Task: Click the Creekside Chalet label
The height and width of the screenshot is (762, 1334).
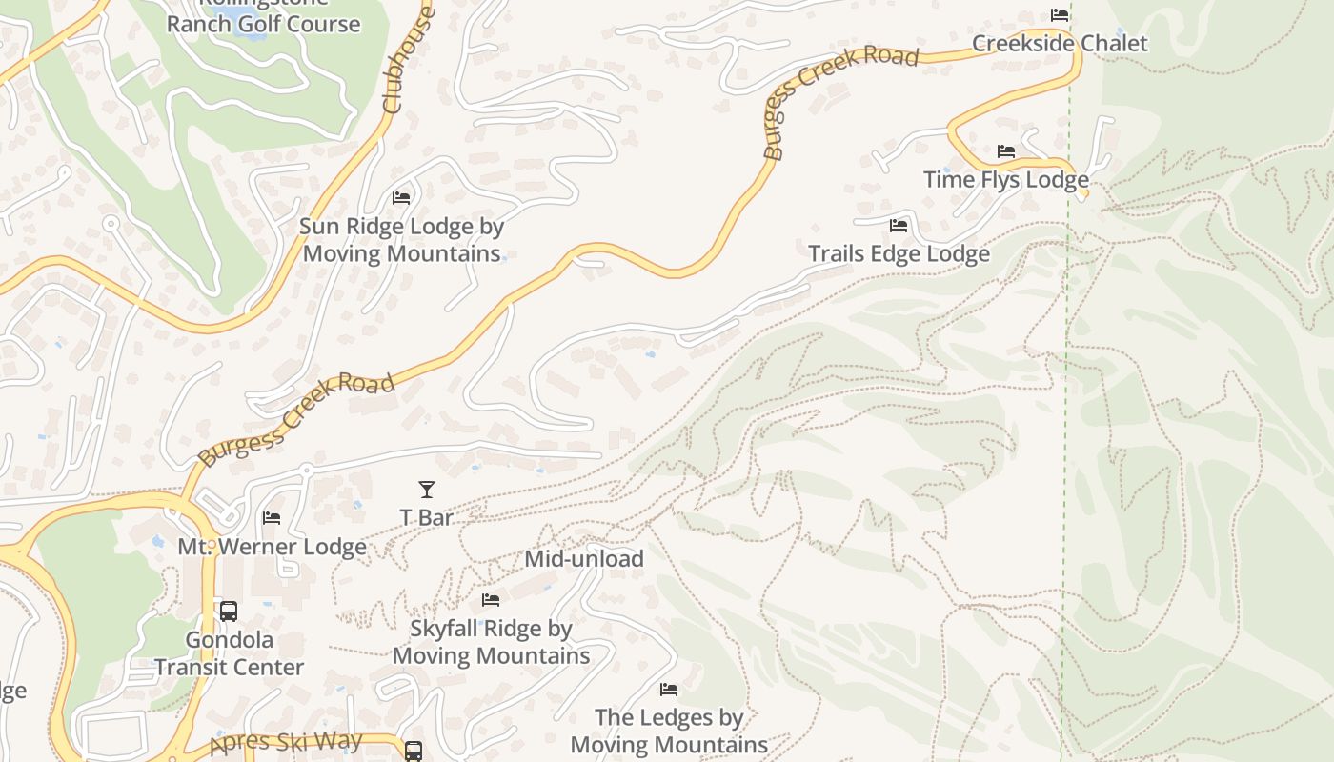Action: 1060,44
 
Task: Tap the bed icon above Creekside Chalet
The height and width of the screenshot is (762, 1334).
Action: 1060,15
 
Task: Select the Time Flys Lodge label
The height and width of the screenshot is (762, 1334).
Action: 1005,180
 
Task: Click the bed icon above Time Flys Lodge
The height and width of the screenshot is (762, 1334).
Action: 1005,151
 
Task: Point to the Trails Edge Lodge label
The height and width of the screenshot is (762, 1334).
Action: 899,254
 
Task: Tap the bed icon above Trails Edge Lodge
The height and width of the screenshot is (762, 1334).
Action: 898,226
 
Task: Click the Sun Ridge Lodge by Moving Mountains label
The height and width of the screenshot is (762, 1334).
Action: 401,240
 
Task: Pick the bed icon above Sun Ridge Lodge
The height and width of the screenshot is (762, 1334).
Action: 401,198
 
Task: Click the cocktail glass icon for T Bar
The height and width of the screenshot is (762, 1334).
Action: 426,490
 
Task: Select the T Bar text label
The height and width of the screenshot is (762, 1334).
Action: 426,517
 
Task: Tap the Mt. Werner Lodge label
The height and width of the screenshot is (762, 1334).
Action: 272,547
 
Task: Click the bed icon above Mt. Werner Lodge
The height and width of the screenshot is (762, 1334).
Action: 272,518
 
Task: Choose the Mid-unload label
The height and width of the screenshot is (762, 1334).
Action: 584,559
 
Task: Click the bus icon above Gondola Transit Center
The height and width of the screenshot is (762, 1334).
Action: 229,612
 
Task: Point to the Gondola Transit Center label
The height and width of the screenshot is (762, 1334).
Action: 230,653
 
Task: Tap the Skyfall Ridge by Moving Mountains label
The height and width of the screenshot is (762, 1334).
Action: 491,642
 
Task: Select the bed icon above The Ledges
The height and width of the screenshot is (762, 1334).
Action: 669,689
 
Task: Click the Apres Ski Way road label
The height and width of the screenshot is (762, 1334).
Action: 286,742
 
